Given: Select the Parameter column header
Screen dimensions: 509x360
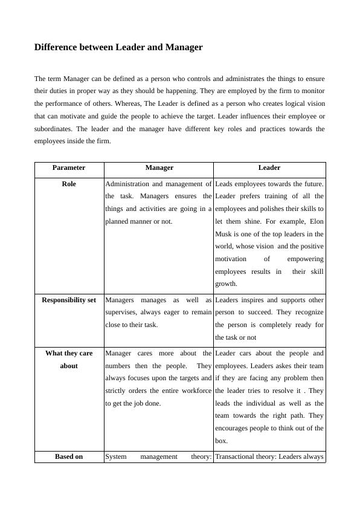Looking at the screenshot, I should click(x=69, y=168).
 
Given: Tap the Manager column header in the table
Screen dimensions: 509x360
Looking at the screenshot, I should click(x=159, y=168).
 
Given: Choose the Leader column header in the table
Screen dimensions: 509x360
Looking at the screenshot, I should click(x=269, y=168).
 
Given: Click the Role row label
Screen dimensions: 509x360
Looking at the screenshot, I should click(x=69, y=184).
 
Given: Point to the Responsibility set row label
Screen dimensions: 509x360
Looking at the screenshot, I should click(x=69, y=300).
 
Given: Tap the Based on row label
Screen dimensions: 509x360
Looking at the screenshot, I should click(x=69, y=457).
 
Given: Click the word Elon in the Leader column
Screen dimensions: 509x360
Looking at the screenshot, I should click(x=315, y=221).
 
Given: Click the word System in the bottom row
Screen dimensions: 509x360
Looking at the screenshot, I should click(x=116, y=457).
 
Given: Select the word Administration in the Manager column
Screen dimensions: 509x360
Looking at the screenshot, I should click(x=126, y=184).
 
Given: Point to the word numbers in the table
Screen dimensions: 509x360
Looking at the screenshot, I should click(x=119, y=366).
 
